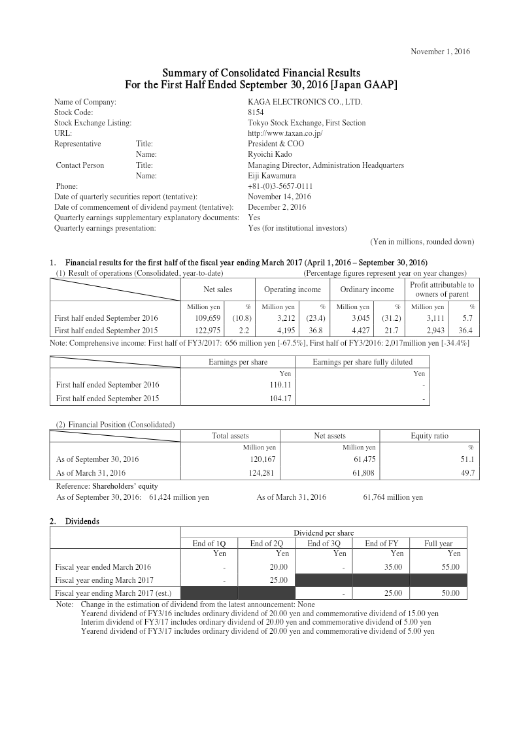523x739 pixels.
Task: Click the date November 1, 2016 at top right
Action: point(439,51)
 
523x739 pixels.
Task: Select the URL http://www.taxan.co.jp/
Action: point(286,133)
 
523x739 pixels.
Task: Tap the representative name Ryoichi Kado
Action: point(269,154)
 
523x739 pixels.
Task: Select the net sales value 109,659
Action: point(202,318)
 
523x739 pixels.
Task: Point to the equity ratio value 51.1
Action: point(467,459)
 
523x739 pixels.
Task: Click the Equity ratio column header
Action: point(430,436)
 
